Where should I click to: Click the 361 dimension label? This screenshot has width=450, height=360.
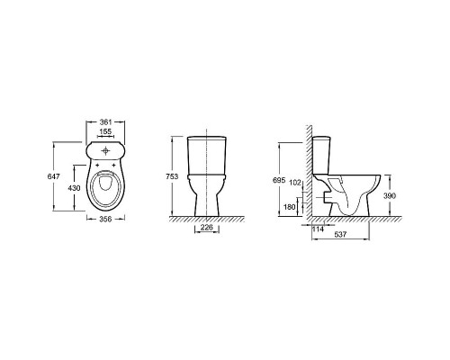[x=105, y=122]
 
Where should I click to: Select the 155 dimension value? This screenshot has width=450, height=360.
[x=105, y=131]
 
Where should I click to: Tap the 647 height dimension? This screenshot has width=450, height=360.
[x=54, y=176]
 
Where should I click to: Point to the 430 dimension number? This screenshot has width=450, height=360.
[x=74, y=188]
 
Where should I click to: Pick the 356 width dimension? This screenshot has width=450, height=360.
[x=105, y=220]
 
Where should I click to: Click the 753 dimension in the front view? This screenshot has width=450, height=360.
[x=172, y=176]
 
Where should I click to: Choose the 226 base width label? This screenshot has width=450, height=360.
[x=207, y=228]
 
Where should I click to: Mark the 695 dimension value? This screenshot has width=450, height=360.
[x=279, y=181]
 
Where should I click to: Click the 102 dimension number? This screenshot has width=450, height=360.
[x=295, y=183]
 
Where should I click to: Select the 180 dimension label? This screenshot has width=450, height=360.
[x=290, y=207]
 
